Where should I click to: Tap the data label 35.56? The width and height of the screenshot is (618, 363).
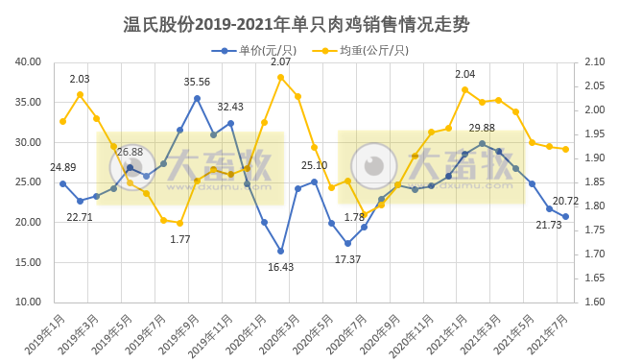click(x=197, y=82)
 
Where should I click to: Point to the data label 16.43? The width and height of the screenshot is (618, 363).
click(x=281, y=267)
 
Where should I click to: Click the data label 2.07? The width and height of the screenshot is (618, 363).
click(x=280, y=61)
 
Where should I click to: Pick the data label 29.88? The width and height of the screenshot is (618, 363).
click(x=482, y=128)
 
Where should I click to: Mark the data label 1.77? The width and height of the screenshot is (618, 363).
click(x=179, y=239)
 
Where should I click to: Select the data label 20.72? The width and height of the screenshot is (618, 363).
click(x=565, y=201)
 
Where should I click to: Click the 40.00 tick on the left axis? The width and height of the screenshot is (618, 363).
click(x=27, y=62)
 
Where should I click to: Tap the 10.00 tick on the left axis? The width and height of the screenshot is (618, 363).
click(x=27, y=302)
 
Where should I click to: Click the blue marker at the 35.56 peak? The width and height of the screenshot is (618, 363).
click(x=197, y=98)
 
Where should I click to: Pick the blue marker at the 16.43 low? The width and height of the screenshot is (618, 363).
click(x=281, y=251)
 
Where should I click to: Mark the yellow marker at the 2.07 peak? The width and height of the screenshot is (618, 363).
click(x=280, y=77)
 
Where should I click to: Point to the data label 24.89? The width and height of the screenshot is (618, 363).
click(x=43, y=167)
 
